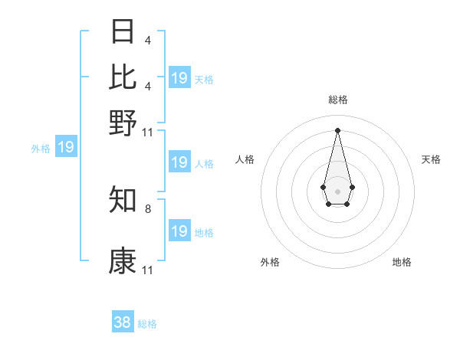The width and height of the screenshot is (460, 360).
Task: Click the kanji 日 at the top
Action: click(x=123, y=31)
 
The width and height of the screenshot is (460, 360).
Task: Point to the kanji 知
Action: click(x=123, y=200)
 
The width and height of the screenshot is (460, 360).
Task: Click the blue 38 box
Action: click(x=123, y=322)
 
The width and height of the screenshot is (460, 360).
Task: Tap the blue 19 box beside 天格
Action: click(x=179, y=78)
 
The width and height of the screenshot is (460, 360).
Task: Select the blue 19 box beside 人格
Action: click(x=179, y=162)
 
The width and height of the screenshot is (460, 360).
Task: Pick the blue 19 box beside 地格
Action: click(x=179, y=231)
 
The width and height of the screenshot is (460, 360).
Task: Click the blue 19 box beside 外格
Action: click(x=66, y=147)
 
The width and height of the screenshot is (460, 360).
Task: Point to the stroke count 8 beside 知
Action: click(x=147, y=208)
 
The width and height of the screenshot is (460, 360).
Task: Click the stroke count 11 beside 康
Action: click(x=147, y=270)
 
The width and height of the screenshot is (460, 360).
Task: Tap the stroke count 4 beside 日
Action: click(x=147, y=39)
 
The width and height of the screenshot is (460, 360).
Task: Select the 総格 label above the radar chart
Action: click(x=337, y=100)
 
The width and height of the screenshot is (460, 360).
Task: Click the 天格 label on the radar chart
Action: click(x=431, y=159)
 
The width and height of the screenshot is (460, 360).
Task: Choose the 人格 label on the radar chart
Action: click(x=245, y=159)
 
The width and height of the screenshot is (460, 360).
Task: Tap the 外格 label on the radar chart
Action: click(x=270, y=262)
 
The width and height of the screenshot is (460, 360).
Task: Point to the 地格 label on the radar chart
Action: click(x=402, y=262)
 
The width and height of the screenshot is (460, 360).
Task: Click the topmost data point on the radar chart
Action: click(x=337, y=129)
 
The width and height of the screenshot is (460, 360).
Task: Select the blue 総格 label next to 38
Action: click(x=147, y=324)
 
